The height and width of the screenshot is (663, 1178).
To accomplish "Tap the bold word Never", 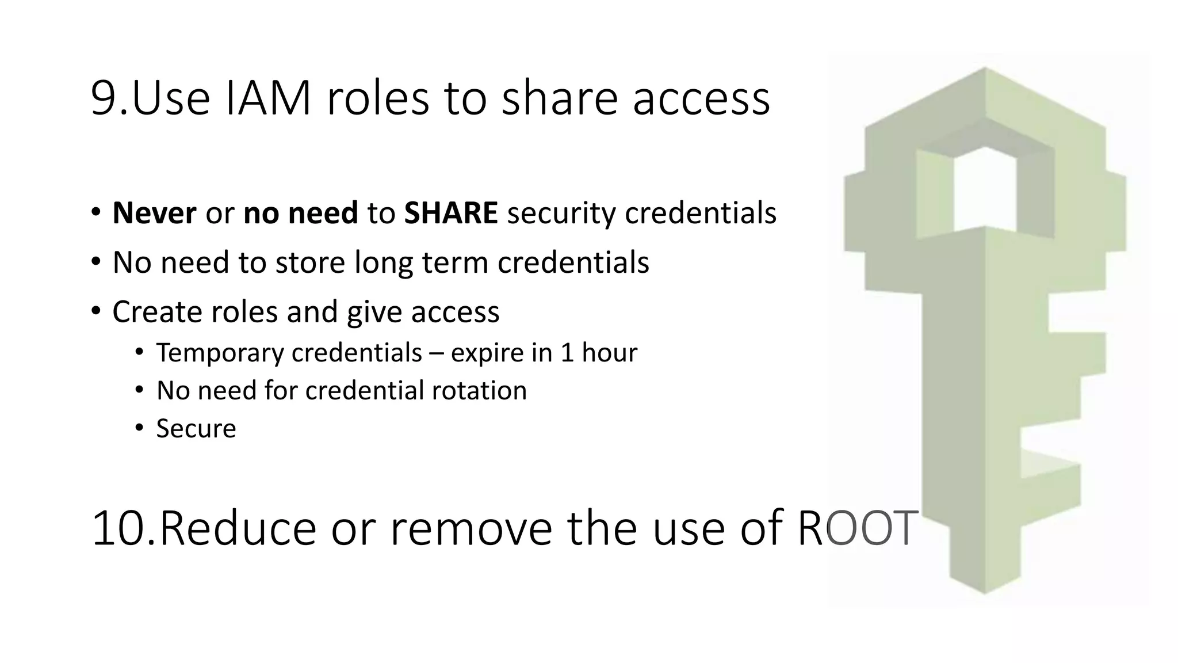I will pos(154,213).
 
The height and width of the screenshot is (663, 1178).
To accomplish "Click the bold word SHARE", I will pos(450,213).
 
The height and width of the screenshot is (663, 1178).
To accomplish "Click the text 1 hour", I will pos(598,353).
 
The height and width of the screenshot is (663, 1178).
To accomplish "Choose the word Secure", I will pos(196,429).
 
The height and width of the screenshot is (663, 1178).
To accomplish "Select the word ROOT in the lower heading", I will pos(856,528).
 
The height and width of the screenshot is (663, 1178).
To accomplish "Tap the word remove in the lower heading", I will pos(471,528).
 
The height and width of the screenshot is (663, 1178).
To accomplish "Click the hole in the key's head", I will pos(985,190).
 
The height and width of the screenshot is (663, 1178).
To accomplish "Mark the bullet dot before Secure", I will pos(139,428).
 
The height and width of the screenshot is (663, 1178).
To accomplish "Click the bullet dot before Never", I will pos(96,212).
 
